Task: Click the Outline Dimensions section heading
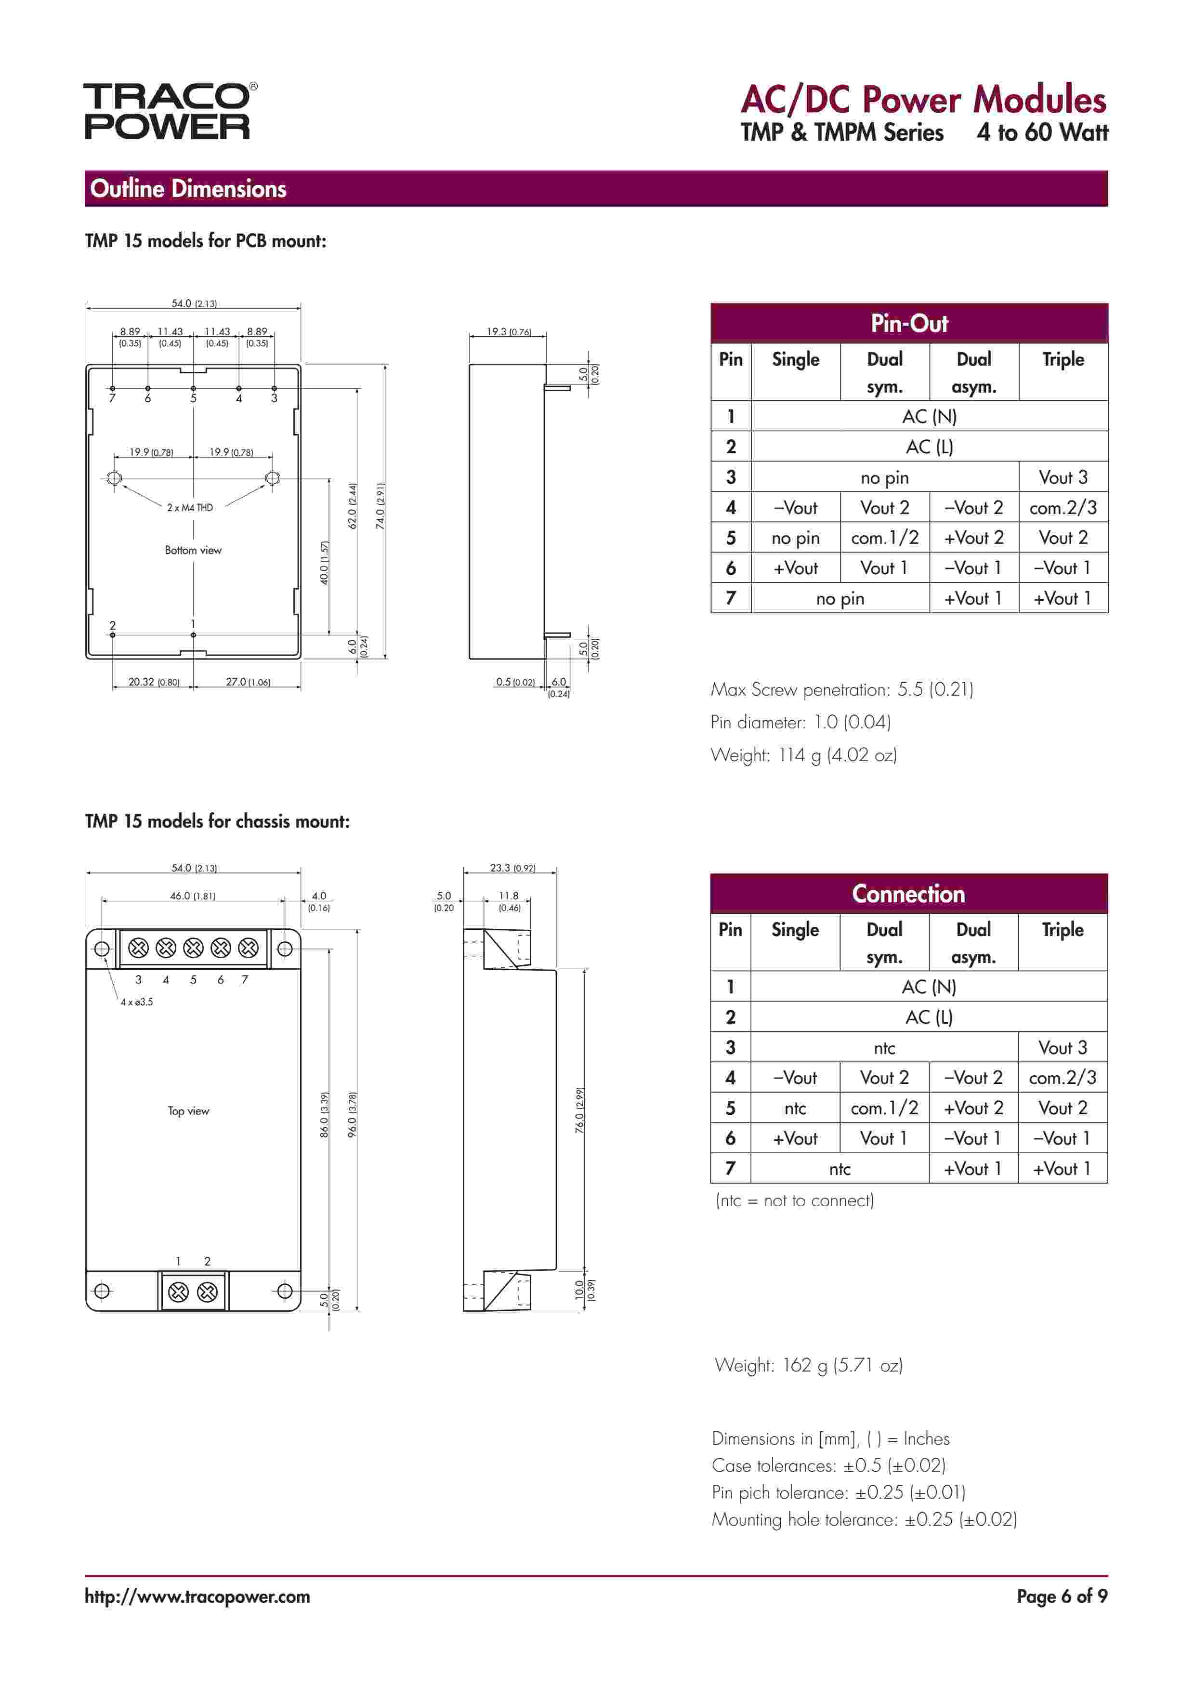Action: (188, 189)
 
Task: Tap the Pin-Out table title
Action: (909, 323)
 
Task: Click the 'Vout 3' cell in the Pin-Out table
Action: (1063, 477)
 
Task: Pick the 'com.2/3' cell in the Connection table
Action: (1063, 1078)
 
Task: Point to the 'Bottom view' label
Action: (193, 550)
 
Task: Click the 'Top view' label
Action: (188, 1111)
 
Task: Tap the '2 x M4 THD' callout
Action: (190, 507)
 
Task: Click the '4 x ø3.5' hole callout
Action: (137, 1002)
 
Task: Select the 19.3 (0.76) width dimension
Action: (509, 331)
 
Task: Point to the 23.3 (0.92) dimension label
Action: (512, 868)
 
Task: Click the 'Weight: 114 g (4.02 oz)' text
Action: (803, 755)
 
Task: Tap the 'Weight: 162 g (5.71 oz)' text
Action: (808, 1365)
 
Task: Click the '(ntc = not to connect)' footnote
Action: (795, 1200)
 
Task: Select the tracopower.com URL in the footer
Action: (197, 1597)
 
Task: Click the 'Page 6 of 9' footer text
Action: (1062, 1597)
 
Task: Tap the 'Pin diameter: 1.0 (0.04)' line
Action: (800, 722)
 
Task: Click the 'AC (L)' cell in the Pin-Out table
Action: (929, 447)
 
